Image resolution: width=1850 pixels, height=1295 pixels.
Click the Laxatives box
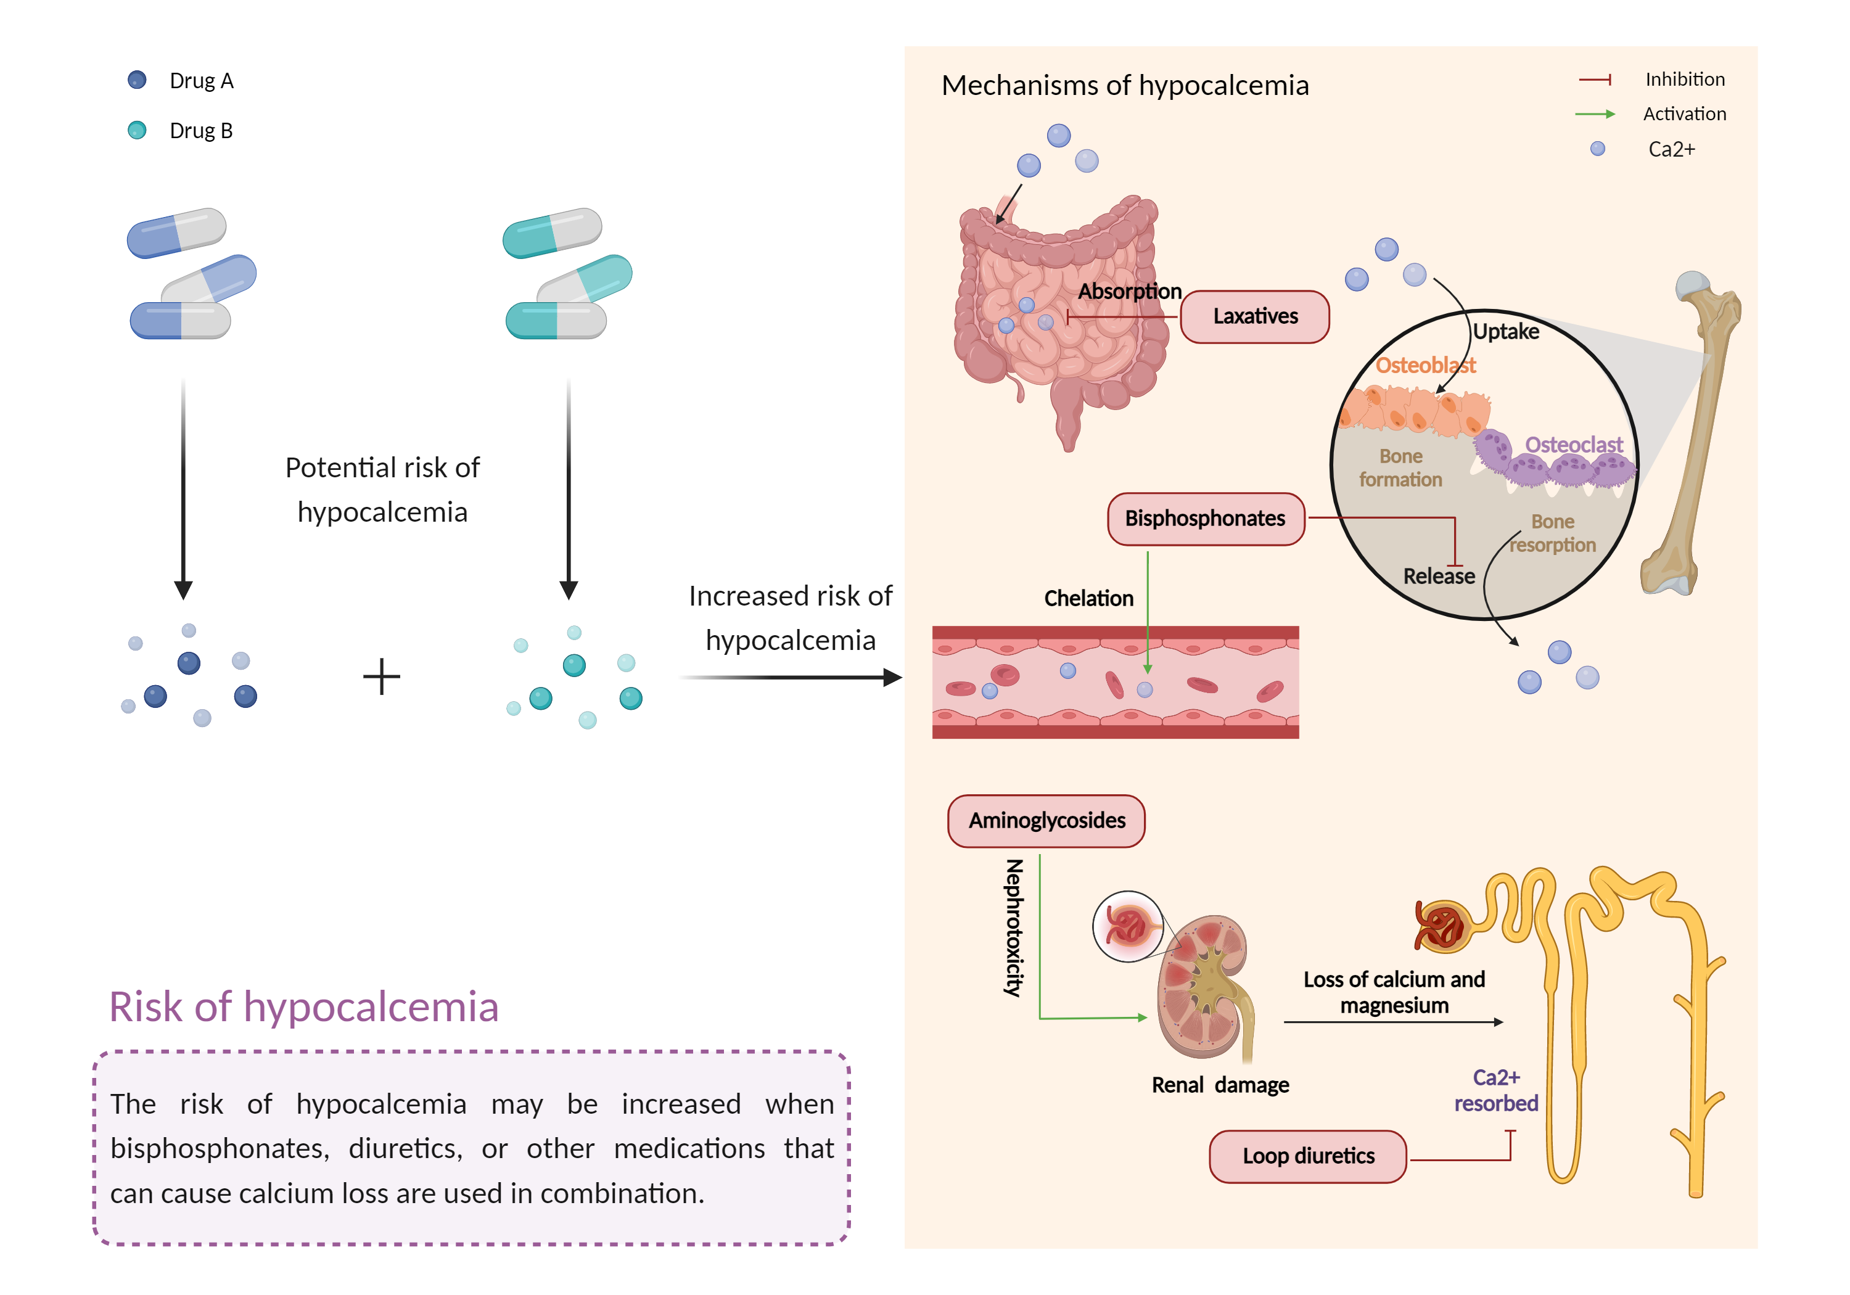[x=1254, y=317]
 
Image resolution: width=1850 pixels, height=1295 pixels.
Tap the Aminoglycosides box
[x=1046, y=820]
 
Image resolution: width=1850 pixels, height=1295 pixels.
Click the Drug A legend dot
[x=137, y=80]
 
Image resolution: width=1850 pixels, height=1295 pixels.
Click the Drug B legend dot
[x=137, y=129]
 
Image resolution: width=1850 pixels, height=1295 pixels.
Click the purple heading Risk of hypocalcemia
[x=304, y=1006]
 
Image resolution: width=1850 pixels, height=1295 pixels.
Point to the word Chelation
[x=1088, y=599]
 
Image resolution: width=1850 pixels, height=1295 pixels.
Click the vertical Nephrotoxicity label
[x=1014, y=927]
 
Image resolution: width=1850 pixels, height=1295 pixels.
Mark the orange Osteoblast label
[x=1424, y=366]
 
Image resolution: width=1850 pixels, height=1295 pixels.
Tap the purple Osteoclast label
[x=1573, y=445]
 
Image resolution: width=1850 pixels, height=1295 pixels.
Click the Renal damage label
[x=1220, y=1085]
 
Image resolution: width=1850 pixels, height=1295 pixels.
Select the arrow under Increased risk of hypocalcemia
[x=789, y=678]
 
